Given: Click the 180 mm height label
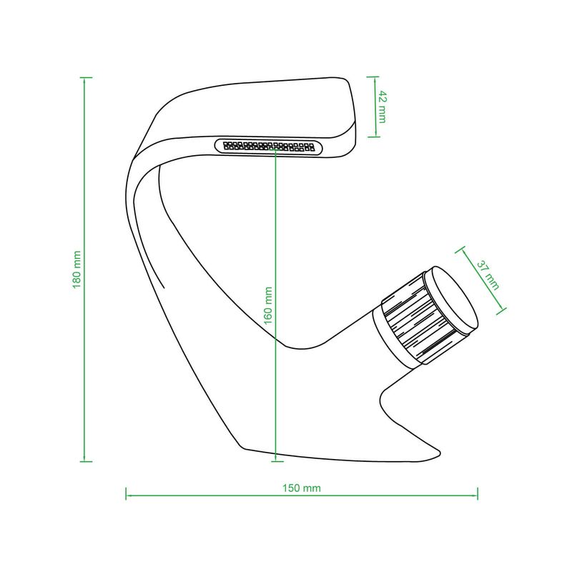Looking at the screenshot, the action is pos(77,270).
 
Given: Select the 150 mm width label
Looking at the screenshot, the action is pos(302,488).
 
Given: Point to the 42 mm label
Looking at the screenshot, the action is pos(382,107).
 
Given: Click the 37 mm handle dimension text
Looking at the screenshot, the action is pos(488,275).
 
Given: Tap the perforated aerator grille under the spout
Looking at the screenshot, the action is pos(269,147).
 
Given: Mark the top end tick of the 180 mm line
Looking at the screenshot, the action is pos(86,77).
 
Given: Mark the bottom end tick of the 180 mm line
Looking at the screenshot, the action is pos(86,461).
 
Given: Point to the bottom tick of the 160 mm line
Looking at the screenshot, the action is pos(277,461).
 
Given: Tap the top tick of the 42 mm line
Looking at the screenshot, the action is pos(373,77).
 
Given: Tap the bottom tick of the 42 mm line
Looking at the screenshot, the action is pos(373,137).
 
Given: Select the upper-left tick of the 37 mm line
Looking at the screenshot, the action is pos(460,250).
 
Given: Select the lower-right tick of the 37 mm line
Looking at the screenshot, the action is pos(501,311).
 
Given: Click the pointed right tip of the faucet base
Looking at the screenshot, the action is pos(440,453).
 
